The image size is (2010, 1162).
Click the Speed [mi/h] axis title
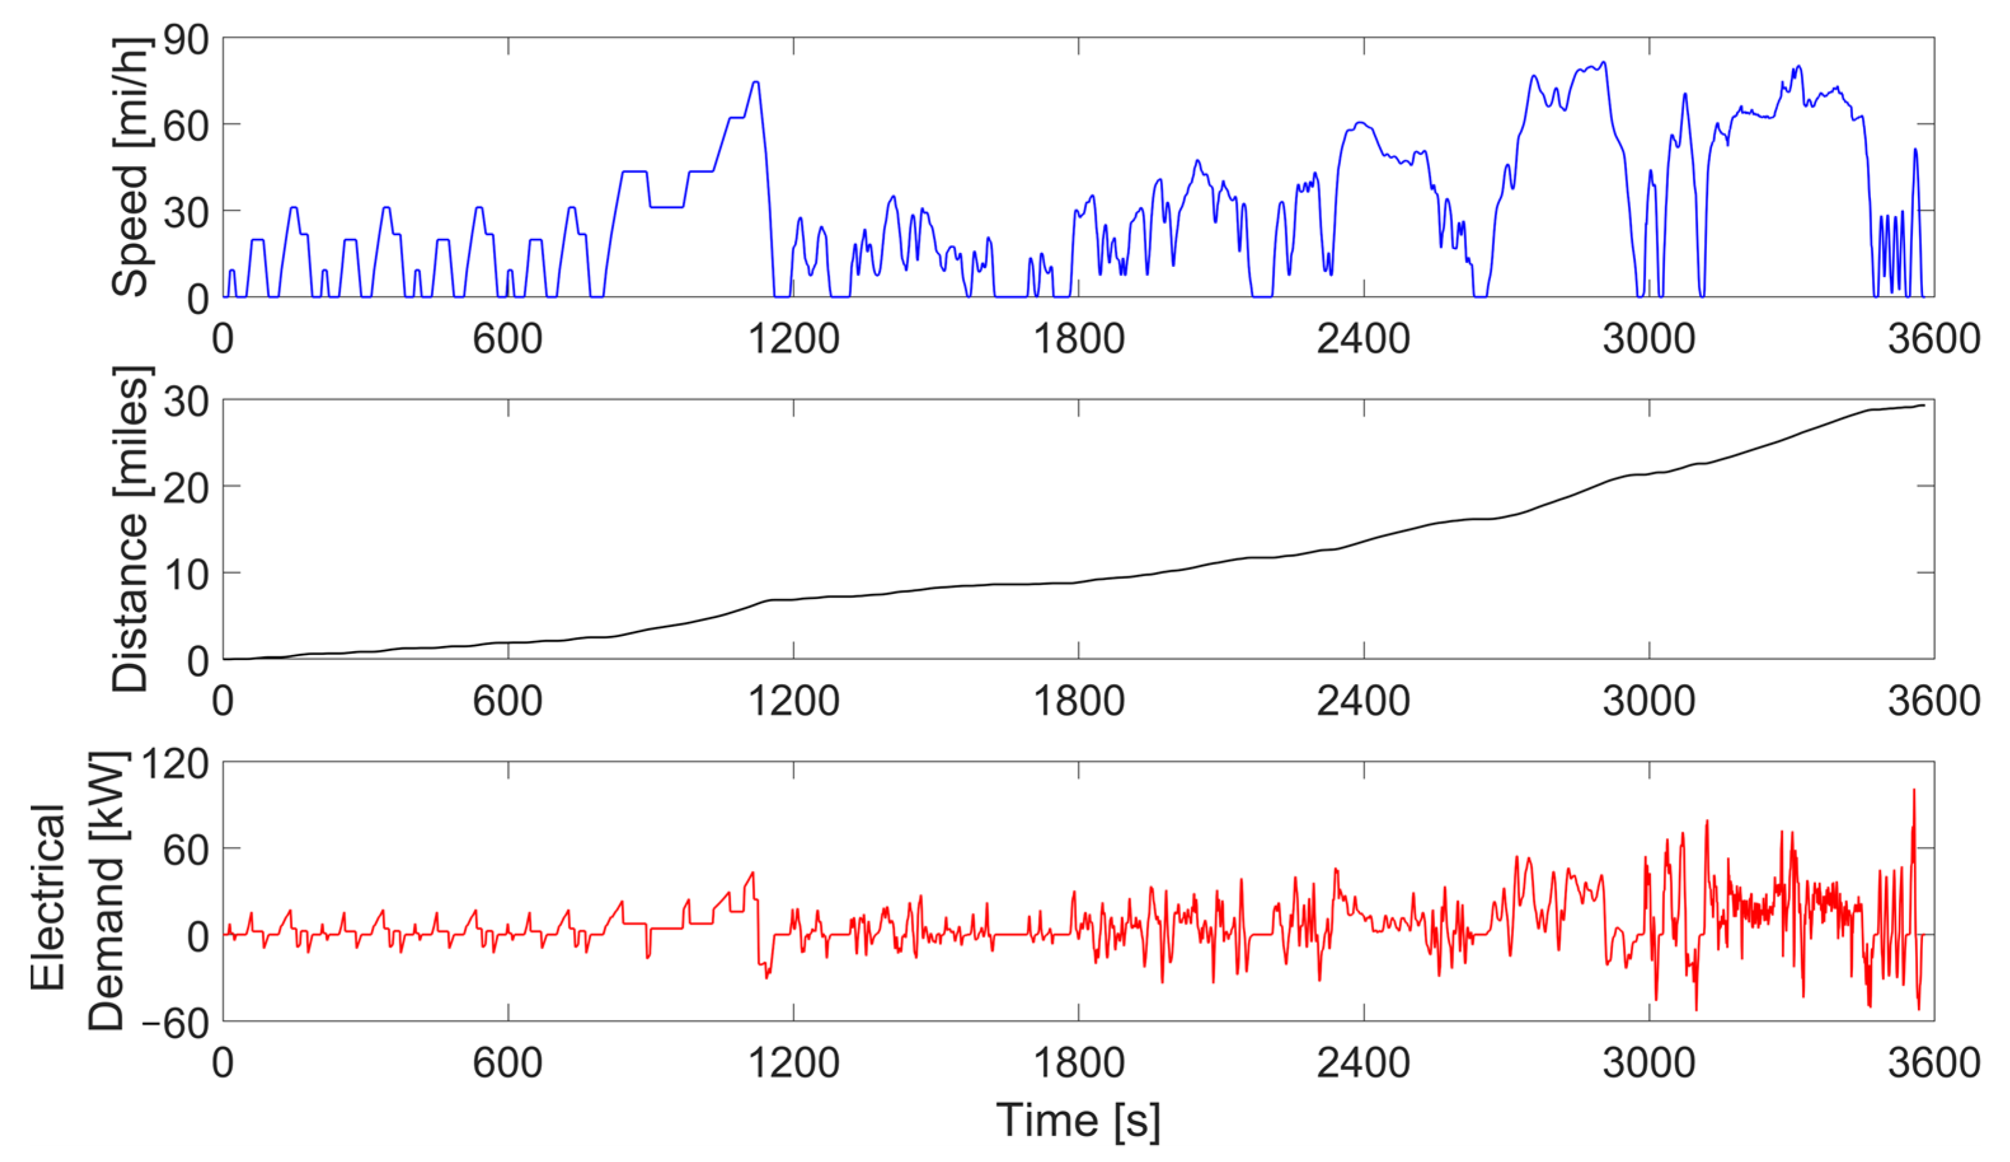pos(130,168)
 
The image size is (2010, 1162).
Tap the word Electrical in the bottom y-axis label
pos(48,897)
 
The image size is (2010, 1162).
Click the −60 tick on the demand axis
pos(175,1022)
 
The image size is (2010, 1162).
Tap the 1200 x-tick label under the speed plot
pos(793,339)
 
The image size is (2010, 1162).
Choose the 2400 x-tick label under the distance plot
pos(1363,701)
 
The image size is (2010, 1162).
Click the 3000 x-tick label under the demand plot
pos(1648,1063)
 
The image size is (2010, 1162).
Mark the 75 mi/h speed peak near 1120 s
pos(755,81)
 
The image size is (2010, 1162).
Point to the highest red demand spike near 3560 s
pos(1913,791)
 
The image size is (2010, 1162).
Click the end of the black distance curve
pos(1924,405)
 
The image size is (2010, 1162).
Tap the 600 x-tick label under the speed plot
pos(508,339)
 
